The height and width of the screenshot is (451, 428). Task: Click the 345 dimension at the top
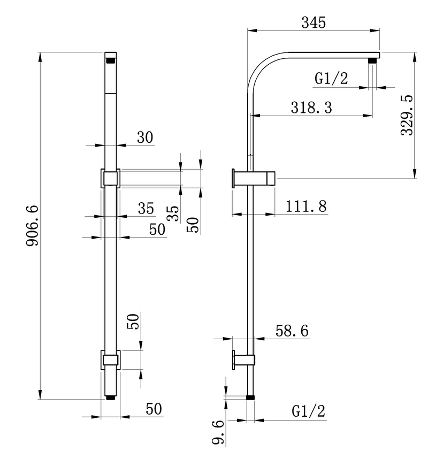pyautogui.click(x=314, y=22)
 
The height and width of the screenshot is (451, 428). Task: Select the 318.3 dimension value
pyautogui.click(x=311, y=107)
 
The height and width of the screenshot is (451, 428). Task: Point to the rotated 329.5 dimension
pyautogui.click(x=407, y=116)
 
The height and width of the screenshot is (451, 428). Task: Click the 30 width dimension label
pyautogui.click(x=144, y=137)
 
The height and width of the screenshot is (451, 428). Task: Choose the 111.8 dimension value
pyautogui.click(x=307, y=207)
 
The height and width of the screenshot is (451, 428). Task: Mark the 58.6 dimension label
pyautogui.click(x=291, y=331)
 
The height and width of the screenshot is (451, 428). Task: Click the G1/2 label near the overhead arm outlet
pyautogui.click(x=331, y=79)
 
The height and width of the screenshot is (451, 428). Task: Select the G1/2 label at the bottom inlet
pyautogui.click(x=308, y=411)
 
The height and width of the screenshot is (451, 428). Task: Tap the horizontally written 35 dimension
pyautogui.click(x=146, y=209)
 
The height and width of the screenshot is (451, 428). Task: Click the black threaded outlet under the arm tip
pyautogui.click(x=373, y=62)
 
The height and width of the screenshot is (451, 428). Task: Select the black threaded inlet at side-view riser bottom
pyautogui.click(x=250, y=398)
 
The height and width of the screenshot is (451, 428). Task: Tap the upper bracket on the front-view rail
pyautogui.click(x=110, y=178)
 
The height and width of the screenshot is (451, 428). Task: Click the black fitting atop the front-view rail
pyautogui.click(x=111, y=60)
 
